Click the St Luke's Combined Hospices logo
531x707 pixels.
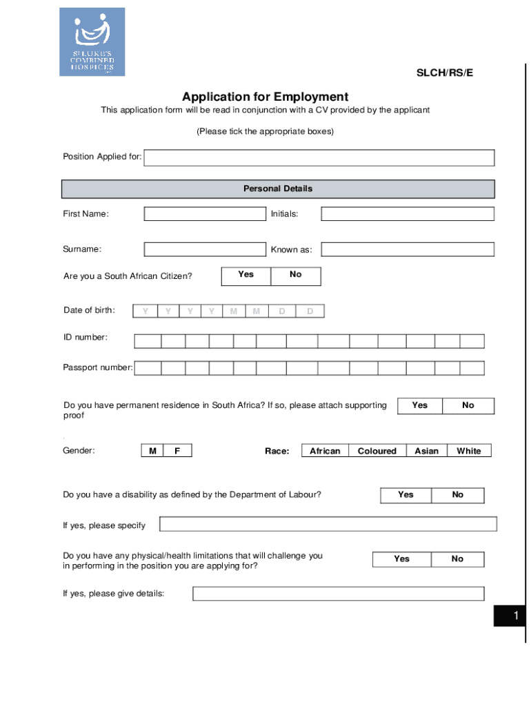coord(92,41)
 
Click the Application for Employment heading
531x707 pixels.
coord(265,97)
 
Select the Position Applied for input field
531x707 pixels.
coord(319,158)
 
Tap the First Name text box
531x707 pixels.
coord(205,214)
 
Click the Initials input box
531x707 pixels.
coord(408,214)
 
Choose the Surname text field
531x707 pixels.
coord(205,249)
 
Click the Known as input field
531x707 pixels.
coord(408,249)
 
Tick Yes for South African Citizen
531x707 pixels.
coord(246,275)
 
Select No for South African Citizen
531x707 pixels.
coord(296,275)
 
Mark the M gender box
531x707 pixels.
coord(152,451)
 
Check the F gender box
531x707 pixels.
coord(177,451)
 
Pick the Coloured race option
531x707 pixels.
coord(377,451)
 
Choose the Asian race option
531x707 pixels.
coord(426,451)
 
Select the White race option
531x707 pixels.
coord(469,451)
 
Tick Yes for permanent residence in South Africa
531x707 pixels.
coord(420,405)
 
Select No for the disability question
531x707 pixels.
coord(458,495)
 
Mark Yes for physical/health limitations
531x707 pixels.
coord(402,559)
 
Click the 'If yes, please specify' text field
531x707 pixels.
coord(328,524)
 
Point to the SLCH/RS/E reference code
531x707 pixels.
coord(445,72)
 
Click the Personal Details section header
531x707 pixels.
coord(278,188)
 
